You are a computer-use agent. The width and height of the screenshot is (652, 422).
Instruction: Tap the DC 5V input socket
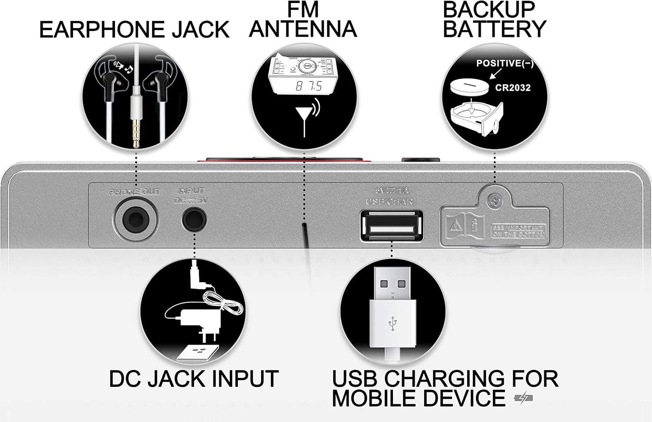(194, 217)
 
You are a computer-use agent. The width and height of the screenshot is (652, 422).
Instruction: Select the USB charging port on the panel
(391, 224)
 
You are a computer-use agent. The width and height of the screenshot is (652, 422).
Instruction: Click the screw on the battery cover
(493, 201)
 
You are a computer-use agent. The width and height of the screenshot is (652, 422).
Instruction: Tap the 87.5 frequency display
(309, 86)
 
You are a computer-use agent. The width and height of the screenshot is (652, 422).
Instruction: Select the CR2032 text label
(513, 88)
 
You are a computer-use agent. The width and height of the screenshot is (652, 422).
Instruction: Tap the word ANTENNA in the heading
(303, 29)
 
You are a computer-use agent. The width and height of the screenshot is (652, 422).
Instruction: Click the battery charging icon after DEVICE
(523, 399)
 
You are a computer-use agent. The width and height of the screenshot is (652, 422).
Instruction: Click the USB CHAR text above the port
(389, 201)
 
